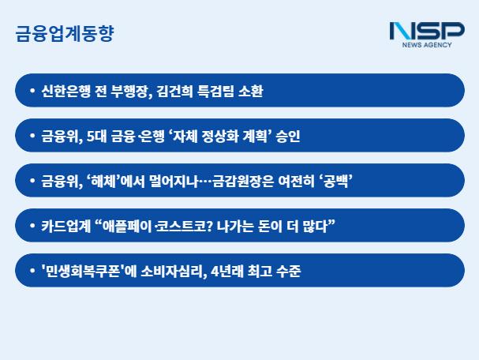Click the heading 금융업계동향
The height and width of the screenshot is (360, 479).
tap(65, 33)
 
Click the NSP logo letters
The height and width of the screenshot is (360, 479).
tap(427, 31)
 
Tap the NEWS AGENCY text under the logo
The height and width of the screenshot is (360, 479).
tap(427, 45)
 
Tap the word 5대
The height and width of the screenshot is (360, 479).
tap(96, 136)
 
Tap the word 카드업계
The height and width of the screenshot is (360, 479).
tap(66, 226)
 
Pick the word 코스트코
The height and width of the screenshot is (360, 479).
tap(181, 226)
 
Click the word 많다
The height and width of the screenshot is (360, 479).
tap(315, 226)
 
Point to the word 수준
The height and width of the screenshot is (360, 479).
tap(288, 271)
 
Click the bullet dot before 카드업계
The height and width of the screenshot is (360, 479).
tap(32, 226)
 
